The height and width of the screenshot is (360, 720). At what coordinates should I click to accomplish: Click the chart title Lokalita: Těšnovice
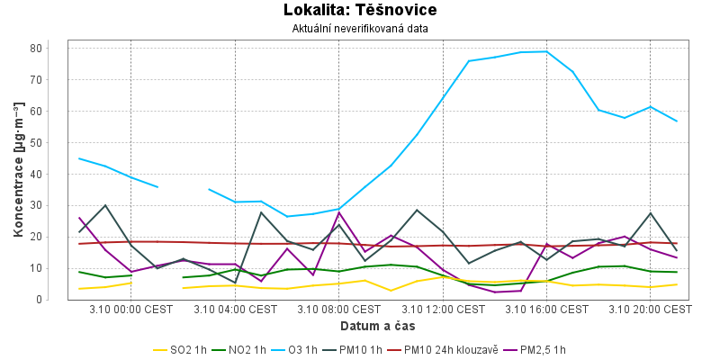click(x=359, y=11)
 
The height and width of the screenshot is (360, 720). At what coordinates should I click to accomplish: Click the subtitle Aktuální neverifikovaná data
click(x=360, y=29)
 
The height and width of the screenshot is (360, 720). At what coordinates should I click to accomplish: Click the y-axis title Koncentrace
click(x=18, y=169)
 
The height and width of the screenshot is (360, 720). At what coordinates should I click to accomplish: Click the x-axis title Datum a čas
click(x=360, y=325)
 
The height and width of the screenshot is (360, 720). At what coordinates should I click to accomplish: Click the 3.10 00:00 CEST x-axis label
click(x=131, y=310)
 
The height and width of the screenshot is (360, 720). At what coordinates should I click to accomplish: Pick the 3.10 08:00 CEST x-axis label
click(x=339, y=310)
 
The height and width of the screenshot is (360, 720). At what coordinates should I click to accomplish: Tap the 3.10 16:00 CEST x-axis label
click(x=546, y=310)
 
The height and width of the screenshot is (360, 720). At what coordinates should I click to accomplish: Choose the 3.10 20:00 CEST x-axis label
click(x=650, y=310)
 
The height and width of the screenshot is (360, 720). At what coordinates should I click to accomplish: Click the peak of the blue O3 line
click(x=546, y=51)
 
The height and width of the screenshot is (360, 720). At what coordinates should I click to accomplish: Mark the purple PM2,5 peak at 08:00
click(x=339, y=211)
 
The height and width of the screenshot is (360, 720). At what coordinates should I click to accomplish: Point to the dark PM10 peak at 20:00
click(x=650, y=213)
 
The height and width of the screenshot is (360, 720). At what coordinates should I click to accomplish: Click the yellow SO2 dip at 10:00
click(x=391, y=291)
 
